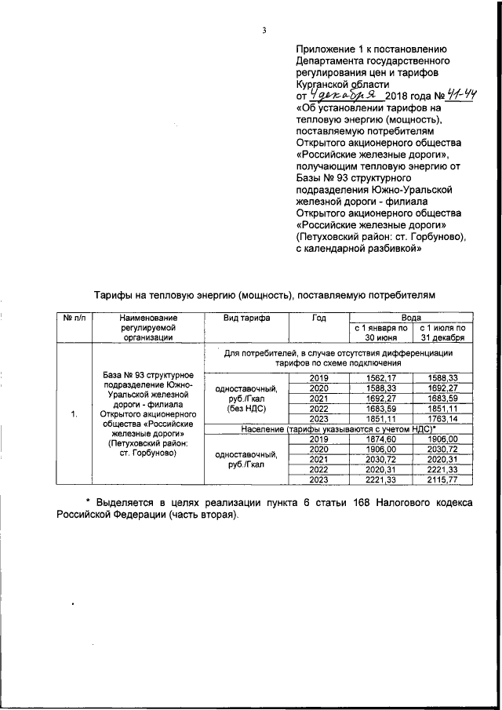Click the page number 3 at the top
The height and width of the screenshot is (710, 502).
tap(265, 31)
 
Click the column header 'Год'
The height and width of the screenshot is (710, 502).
tap(318, 318)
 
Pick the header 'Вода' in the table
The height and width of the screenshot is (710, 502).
tap(411, 317)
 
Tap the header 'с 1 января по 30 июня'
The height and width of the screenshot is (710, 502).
tap(380, 333)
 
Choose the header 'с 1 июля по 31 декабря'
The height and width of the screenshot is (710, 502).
tap(443, 333)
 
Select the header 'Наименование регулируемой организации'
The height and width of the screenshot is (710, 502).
tap(147, 327)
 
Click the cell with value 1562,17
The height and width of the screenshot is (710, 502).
tap(380, 377)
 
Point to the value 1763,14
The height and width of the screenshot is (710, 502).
tap(443, 419)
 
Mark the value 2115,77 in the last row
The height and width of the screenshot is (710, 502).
tap(443, 479)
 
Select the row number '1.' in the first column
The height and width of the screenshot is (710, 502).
tap(73, 413)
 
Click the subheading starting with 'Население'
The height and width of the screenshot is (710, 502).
tap(337, 428)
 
